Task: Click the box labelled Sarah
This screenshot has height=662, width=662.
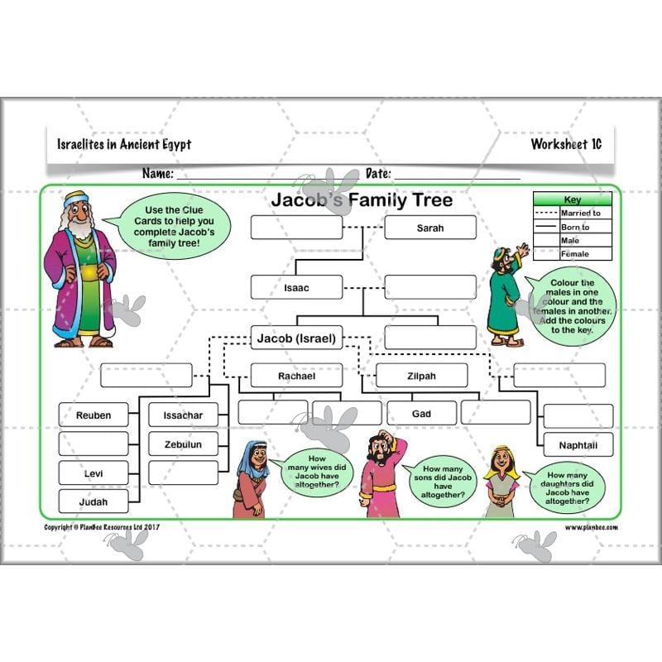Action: click(429, 228)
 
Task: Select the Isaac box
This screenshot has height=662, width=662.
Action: click(296, 288)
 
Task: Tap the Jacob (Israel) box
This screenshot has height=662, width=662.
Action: click(296, 338)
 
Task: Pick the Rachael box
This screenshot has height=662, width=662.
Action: click(296, 376)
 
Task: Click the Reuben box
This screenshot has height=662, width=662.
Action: click(94, 415)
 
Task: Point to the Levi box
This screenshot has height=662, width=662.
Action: click(94, 474)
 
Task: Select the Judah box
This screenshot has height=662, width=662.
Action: click(94, 501)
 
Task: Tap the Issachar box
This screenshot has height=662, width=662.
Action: click(183, 415)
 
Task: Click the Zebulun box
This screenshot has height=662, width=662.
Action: click(183, 444)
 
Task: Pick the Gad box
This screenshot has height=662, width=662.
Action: click(421, 413)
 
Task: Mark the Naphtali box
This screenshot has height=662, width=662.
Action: click(578, 445)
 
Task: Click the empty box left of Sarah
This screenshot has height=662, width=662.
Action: click(296, 228)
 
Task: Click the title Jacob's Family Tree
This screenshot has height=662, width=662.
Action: click(362, 200)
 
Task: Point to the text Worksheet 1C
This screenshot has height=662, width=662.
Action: click(566, 144)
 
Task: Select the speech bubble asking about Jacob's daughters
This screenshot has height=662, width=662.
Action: click(568, 488)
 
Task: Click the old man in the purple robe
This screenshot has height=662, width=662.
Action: click(79, 269)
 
